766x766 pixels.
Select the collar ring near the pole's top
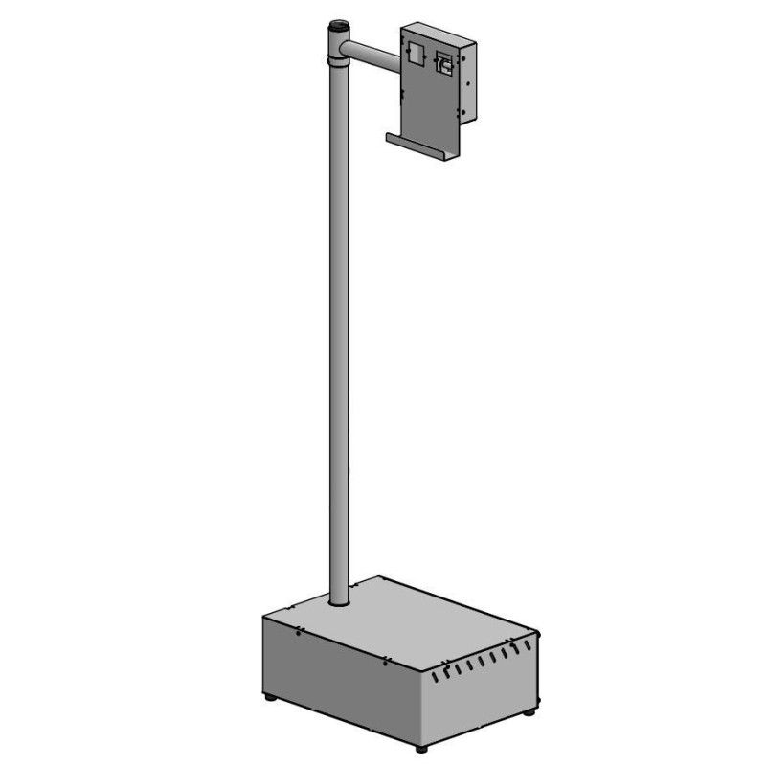pyautogui.click(x=338, y=64)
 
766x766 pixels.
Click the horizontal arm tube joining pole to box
pyautogui.click(x=373, y=54)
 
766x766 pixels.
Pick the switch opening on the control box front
pyautogui.click(x=445, y=62)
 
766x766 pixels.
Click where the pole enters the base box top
pyautogui.click(x=338, y=604)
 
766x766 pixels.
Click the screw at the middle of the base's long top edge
pyautogui.click(x=384, y=661)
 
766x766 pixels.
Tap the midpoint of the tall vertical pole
pyautogui.click(x=338, y=326)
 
